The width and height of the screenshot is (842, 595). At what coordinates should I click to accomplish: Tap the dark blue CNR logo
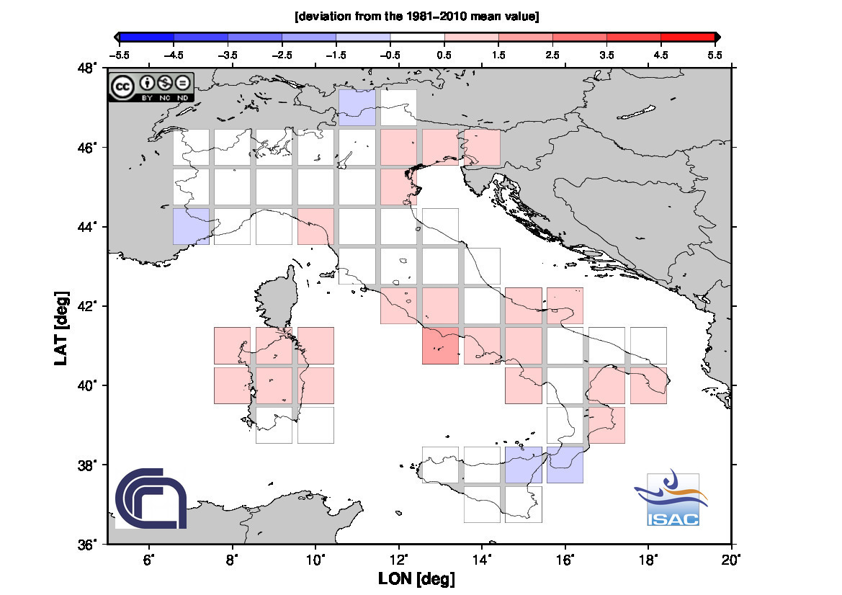coord(151,498)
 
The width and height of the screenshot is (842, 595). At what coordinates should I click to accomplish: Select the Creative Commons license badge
coord(151,86)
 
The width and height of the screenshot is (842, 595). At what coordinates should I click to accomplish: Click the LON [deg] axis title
coord(416,578)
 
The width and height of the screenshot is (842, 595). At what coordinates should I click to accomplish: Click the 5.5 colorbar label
coord(715,53)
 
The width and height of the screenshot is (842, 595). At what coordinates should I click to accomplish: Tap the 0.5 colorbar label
coord(444,53)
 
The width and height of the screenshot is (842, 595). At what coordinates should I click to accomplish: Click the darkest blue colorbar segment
coord(146,36)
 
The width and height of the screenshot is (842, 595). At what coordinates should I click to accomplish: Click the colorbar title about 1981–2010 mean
coord(417,16)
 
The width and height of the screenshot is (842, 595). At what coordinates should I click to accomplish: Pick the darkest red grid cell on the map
coord(440,346)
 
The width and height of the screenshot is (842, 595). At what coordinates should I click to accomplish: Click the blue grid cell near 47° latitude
coord(357,108)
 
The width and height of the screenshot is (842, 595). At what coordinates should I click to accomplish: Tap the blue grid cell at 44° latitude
coord(191,226)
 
